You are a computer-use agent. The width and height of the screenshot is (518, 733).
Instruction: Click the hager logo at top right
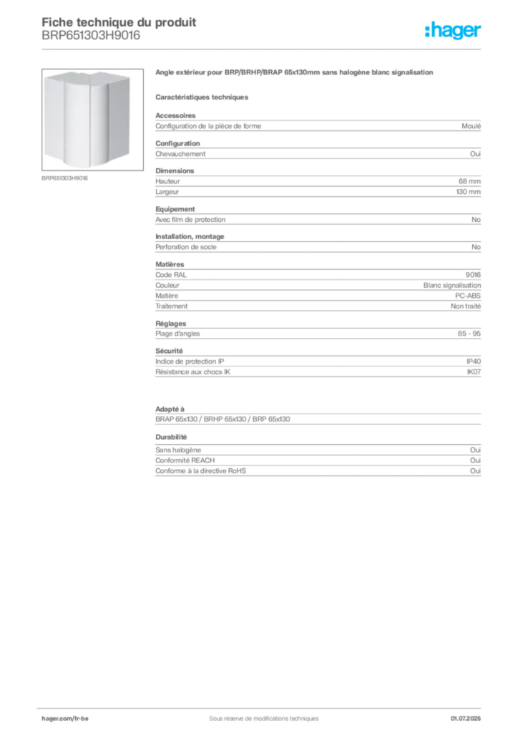(x=453, y=30)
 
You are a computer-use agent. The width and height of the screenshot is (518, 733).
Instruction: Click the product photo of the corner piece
(x=92, y=120)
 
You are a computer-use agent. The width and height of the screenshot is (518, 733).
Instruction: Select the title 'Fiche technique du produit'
(x=119, y=22)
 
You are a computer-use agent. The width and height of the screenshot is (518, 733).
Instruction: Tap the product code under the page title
(x=91, y=36)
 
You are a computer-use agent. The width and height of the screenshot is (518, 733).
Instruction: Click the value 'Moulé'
(x=471, y=126)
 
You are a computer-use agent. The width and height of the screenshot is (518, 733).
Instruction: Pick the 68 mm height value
(x=469, y=181)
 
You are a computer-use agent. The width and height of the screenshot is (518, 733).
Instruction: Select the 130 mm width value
(x=468, y=192)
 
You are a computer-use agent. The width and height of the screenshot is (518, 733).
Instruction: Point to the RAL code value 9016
(x=473, y=275)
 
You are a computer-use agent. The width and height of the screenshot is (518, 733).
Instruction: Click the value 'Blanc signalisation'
(x=451, y=285)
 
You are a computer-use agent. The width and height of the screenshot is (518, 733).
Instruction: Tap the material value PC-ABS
(x=467, y=296)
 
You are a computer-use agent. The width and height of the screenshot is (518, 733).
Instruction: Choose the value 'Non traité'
(x=465, y=306)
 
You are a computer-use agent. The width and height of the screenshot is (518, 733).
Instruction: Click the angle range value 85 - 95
(x=469, y=334)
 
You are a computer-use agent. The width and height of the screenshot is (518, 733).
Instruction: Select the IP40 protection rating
(x=473, y=361)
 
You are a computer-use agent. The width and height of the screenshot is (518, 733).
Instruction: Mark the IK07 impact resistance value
(x=474, y=372)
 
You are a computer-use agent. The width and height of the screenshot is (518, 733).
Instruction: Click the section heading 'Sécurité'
(x=169, y=351)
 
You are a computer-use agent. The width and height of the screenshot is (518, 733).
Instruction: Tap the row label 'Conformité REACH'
(x=185, y=460)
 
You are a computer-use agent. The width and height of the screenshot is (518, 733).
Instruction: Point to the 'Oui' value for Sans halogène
(x=475, y=450)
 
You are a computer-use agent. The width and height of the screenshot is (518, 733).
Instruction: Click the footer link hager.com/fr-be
(x=65, y=719)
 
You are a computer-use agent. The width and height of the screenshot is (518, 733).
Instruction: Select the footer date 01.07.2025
(x=465, y=719)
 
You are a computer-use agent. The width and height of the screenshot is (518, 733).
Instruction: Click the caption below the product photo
(x=64, y=178)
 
